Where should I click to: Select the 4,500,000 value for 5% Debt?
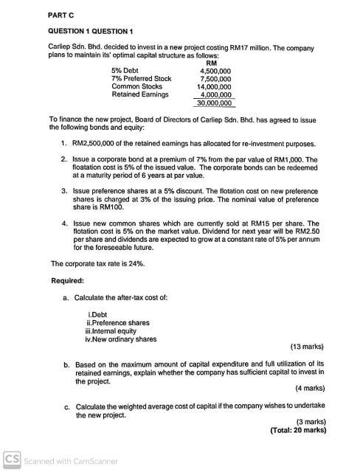(215, 71)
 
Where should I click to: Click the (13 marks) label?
(303, 347)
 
